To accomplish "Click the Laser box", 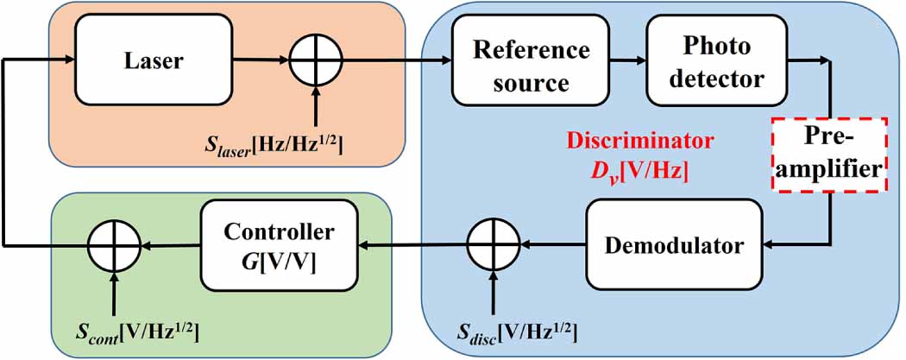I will coord(154,60).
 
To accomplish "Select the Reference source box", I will coord(520,65).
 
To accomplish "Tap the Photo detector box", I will coord(716,65).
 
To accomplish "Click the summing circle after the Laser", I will coord(316,60).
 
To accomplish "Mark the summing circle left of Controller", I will coord(114,246).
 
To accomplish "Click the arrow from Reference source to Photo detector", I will coord(618,60).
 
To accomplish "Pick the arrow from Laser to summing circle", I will coord(261,60).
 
